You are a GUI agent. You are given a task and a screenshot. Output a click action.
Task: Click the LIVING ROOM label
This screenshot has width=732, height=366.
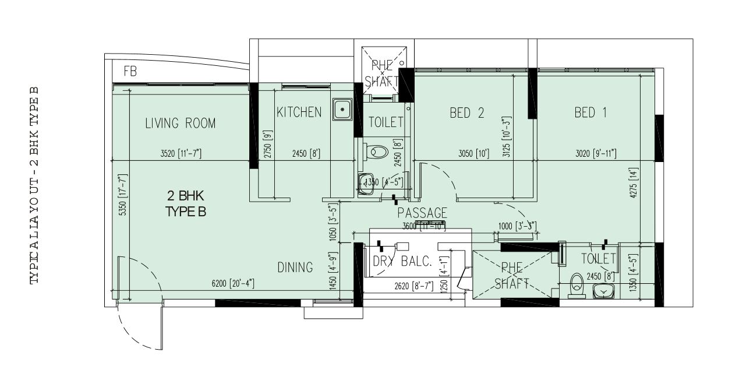[x=180, y=124]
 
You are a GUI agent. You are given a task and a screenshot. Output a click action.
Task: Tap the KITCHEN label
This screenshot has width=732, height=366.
[x=299, y=112]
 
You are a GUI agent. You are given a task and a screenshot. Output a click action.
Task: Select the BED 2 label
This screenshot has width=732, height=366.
[x=466, y=113]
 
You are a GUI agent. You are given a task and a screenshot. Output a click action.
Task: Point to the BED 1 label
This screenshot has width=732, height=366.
[x=590, y=113]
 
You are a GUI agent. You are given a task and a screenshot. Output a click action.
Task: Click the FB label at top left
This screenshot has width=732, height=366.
[x=130, y=72]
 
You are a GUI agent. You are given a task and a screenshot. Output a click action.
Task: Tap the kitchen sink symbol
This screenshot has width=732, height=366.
[x=343, y=108]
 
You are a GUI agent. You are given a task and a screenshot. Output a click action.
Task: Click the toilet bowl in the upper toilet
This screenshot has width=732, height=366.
[x=378, y=152]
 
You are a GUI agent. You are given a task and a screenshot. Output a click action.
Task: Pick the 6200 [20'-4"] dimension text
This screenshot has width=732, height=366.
[x=232, y=283]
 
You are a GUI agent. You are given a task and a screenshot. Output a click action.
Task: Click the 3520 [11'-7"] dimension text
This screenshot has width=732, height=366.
[x=181, y=154]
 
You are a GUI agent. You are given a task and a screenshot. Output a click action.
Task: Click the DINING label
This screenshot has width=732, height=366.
[x=295, y=268]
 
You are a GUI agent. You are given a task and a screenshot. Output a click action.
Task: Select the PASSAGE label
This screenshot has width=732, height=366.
[x=422, y=213]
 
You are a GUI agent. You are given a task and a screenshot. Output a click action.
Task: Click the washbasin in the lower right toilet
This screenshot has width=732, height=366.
[x=604, y=291]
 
